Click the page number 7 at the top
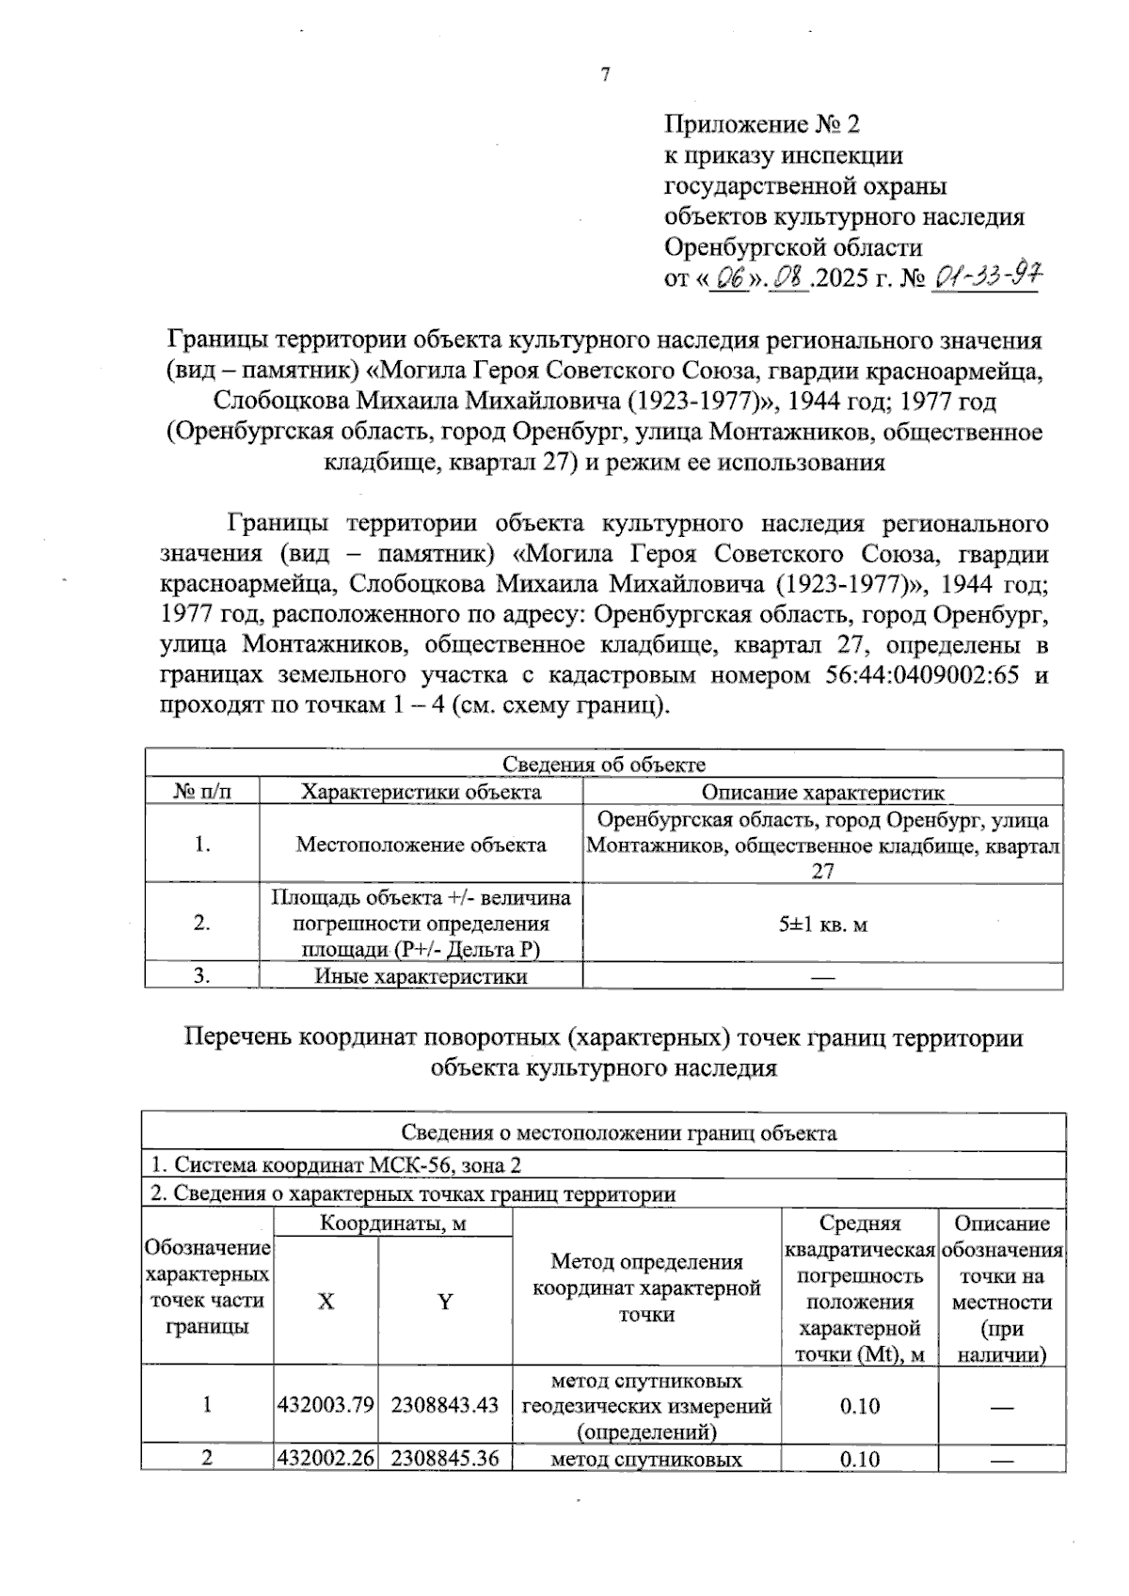(x=605, y=75)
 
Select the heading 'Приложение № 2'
(x=762, y=124)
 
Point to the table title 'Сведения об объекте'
(x=603, y=765)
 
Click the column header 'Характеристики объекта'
(x=421, y=791)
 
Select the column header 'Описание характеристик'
(x=822, y=792)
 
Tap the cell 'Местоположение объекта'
(x=421, y=845)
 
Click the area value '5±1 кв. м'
(x=822, y=924)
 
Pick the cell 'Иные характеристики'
(x=421, y=976)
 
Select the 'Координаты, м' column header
(x=393, y=1224)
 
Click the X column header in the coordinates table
(x=326, y=1302)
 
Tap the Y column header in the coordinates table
(x=445, y=1302)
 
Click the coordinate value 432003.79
(x=326, y=1406)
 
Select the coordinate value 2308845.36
(x=445, y=1460)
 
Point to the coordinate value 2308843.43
(x=445, y=1406)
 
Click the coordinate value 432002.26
(x=326, y=1460)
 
